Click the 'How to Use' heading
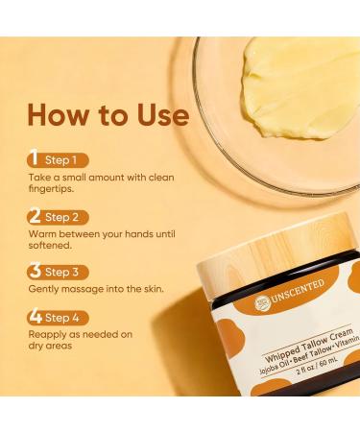[x=107, y=116]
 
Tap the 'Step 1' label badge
[x=61, y=160]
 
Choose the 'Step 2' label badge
[x=61, y=217]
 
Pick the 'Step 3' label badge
[x=61, y=273]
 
